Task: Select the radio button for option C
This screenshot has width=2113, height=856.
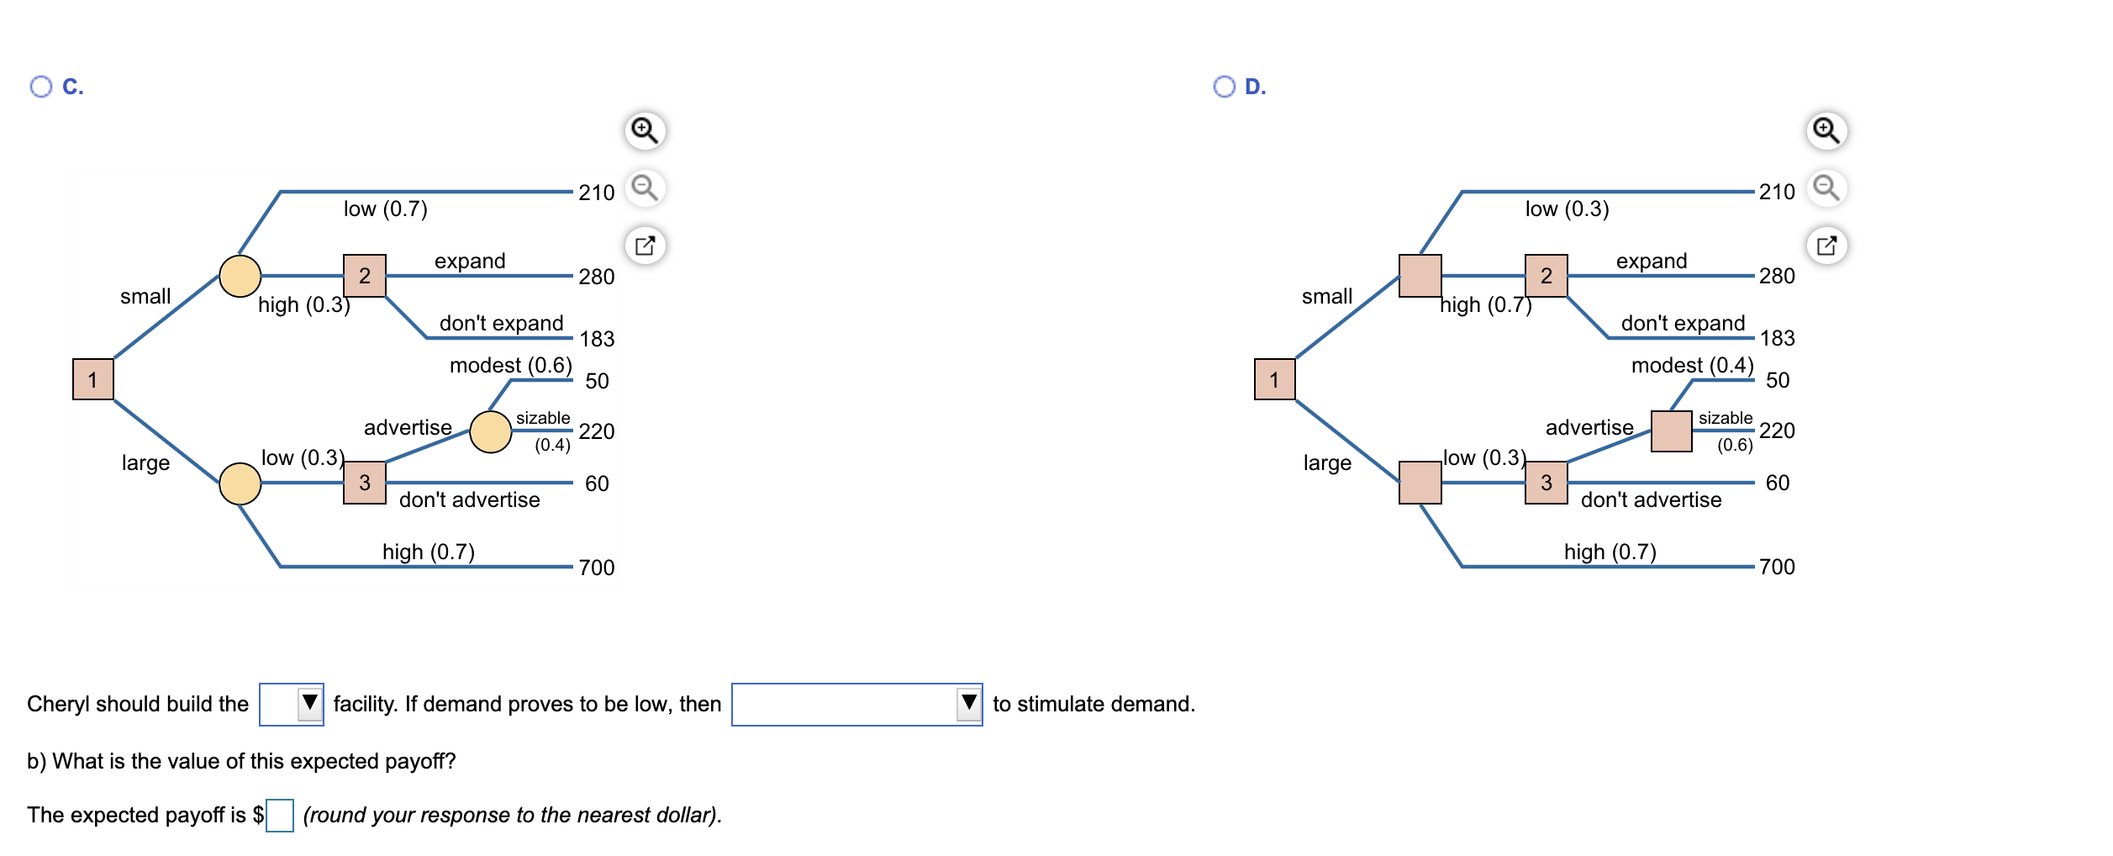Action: [x=40, y=87]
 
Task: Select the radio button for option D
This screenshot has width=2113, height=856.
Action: [x=1224, y=87]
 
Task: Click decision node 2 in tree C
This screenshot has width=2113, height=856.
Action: [x=365, y=276]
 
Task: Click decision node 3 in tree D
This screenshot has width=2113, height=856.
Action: [x=1547, y=483]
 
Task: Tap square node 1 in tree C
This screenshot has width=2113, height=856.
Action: [x=93, y=379]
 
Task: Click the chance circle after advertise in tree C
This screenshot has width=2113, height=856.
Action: [x=491, y=432]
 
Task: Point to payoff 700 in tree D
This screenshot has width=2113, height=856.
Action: [x=1777, y=567]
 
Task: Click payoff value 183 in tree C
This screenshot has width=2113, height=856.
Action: [x=597, y=339]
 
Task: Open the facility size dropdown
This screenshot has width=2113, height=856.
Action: [x=292, y=705]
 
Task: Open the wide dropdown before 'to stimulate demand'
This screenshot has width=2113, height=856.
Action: [x=857, y=705]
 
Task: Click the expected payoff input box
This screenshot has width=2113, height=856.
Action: [x=280, y=816]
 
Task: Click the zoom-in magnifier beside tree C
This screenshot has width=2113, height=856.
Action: [x=645, y=131]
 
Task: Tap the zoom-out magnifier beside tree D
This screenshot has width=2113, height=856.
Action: [x=1826, y=188]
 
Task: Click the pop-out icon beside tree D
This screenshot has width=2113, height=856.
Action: [x=1826, y=246]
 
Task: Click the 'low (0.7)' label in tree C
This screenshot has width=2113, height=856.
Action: [x=386, y=209]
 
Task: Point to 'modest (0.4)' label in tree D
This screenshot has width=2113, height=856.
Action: [x=1692, y=366]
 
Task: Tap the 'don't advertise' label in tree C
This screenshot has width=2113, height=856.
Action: [x=470, y=499]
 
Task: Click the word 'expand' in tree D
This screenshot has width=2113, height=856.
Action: [x=1652, y=262]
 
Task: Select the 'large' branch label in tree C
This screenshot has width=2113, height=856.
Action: [x=145, y=463]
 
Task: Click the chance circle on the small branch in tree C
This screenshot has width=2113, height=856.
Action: [x=240, y=276]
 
